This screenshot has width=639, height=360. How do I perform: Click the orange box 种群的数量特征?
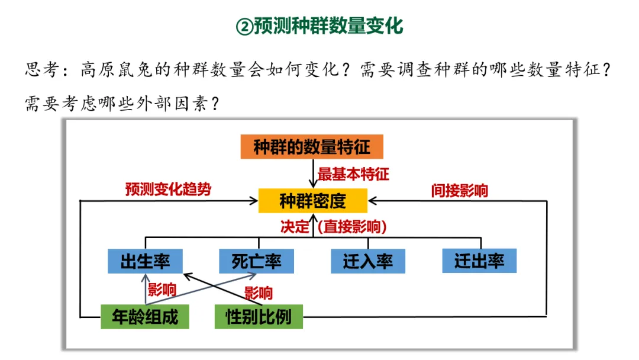click(x=311, y=147)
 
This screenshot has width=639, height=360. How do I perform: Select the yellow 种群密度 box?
click(x=312, y=201)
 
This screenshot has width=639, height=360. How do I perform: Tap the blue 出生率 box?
click(x=145, y=261)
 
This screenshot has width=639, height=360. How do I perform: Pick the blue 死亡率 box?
click(x=256, y=261)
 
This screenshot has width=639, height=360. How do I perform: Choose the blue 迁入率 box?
click(x=367, y=261)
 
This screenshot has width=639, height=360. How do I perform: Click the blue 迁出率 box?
click(x=479, y=261)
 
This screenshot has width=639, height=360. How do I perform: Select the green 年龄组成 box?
click(x=145, y=317)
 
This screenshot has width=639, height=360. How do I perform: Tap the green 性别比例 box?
click(x=259, y=317)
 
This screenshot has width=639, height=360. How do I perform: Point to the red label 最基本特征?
click(x=353, y=175)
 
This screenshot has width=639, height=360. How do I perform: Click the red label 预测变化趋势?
click(x=168, y=189)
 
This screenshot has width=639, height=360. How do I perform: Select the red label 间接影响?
click(x=459, y=191)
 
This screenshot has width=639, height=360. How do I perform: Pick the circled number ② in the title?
click(x=244, y=27)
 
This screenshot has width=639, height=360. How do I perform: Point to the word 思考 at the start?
click(x=41, y=70)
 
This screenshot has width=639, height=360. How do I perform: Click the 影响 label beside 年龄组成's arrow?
click(x=162, y=290)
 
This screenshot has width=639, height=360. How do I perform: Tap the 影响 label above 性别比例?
click(x=259, y=293)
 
